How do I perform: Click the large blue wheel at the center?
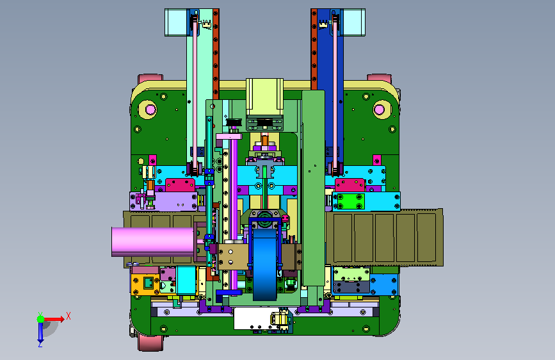point(265,264)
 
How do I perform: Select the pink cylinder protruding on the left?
point(153,241)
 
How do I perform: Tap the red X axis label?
point(68,316)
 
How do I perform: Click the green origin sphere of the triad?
point(41,319)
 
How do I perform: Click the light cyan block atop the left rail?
point(176,22)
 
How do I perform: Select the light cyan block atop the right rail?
point(354,22)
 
